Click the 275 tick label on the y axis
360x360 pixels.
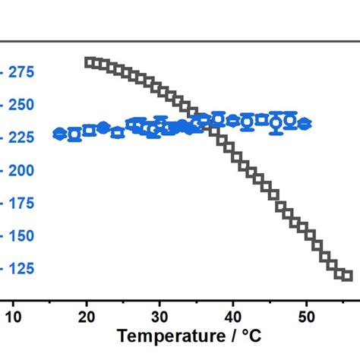[24, 72]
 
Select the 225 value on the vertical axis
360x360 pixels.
[24, 137]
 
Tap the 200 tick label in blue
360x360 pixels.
[24, 170]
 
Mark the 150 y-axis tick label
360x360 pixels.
[24, 235]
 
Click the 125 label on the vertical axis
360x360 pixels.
[24, 268]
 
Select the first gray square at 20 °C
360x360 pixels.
[89, 62]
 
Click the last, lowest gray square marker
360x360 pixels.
[347, 276]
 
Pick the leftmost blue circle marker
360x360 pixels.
[59, 134]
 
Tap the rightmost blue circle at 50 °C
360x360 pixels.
[305, 123]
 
